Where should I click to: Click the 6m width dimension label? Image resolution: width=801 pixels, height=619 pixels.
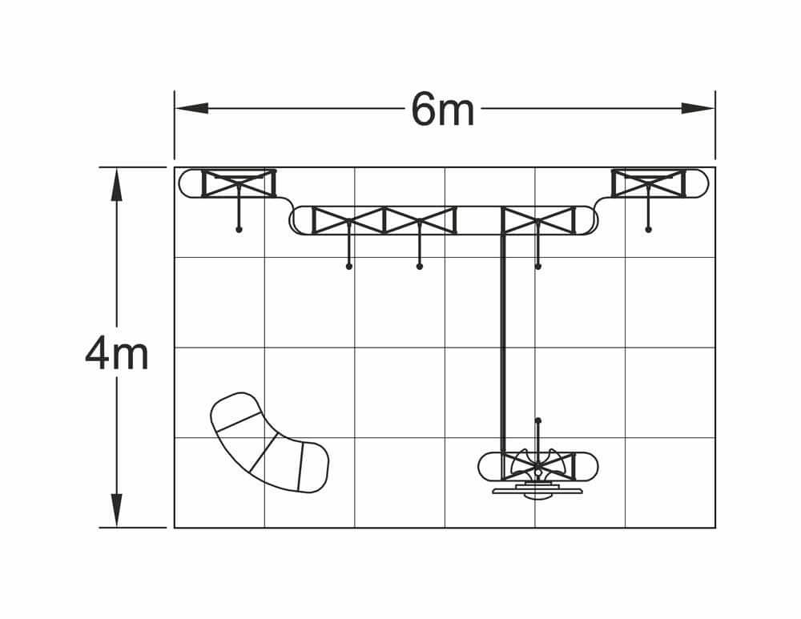[443, 110]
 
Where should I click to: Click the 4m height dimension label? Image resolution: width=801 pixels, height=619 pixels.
[117, 353]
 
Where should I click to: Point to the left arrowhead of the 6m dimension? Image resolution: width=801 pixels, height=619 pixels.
[191, 108]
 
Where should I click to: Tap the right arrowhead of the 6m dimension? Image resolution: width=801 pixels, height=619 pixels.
[698, 108]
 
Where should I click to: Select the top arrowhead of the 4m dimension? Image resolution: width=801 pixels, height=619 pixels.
[117, 184]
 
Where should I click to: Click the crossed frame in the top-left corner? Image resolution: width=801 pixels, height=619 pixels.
[239, 183]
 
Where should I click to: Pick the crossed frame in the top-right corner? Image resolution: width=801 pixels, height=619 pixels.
[649, 183]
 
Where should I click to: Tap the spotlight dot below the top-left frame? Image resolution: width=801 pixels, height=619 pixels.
[239, 230]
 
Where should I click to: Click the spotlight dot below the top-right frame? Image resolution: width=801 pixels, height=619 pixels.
[648, 230]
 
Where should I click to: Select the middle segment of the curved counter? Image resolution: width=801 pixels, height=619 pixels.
[274, 452]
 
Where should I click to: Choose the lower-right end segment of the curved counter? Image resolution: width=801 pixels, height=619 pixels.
[313, 467]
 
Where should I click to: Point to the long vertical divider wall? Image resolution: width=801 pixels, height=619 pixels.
[503, 344]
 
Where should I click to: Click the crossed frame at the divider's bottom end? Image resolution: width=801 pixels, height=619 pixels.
[538, 466]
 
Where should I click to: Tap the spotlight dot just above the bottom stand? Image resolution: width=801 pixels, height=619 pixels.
[538, 420]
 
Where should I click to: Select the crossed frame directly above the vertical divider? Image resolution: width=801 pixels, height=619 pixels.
[538, 220]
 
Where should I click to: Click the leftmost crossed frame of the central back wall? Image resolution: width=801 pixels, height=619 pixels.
[348, 220]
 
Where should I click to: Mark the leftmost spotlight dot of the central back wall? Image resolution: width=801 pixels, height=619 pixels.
[348, 266]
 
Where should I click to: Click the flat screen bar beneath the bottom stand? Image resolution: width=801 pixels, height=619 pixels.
[537, 491]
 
